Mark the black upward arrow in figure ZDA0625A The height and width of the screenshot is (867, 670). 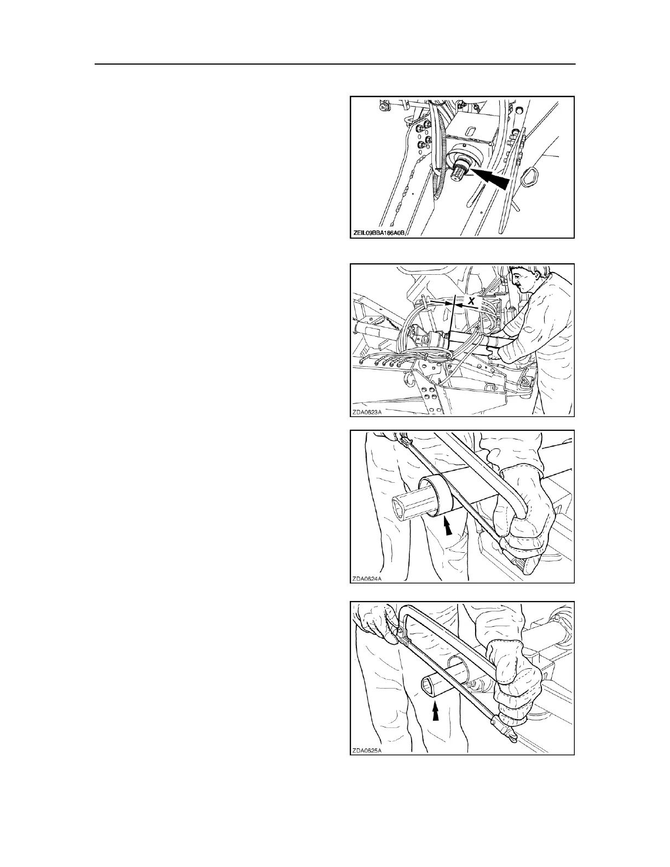[435, 712]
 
